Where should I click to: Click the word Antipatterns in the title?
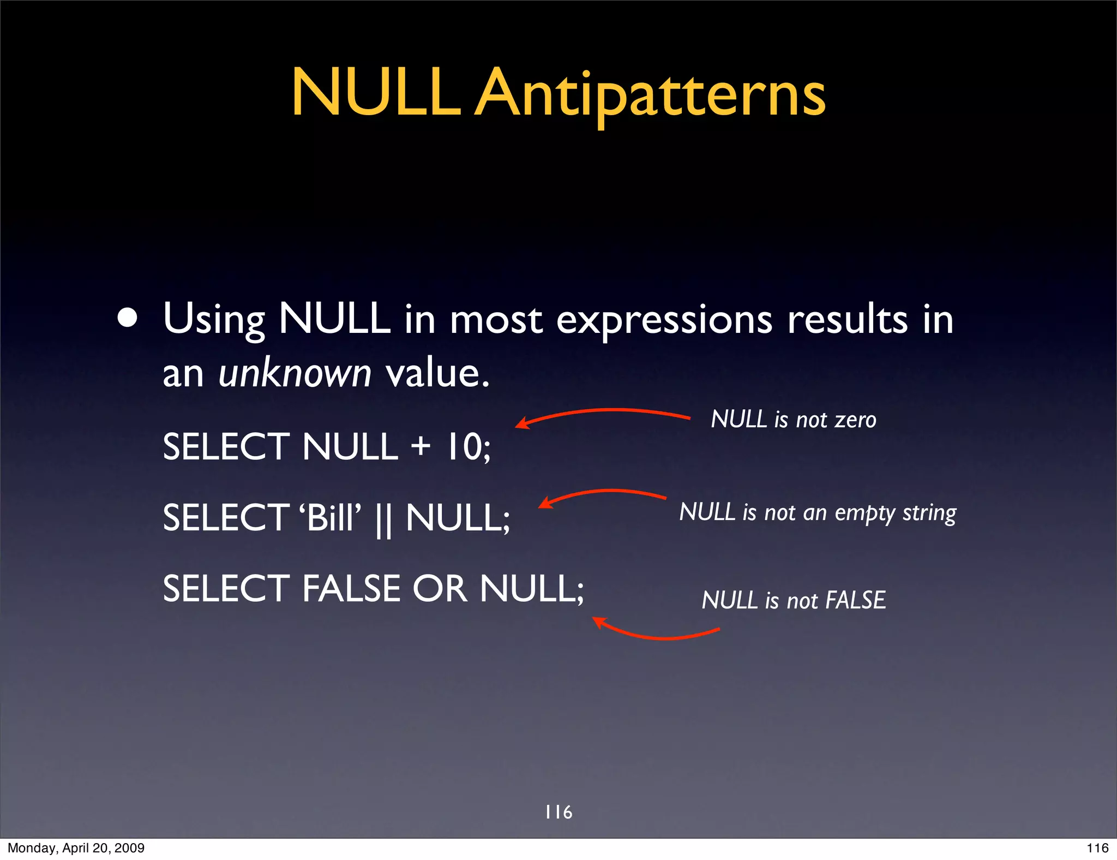[x=650, y=94]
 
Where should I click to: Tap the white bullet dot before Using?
[x=128, y=319]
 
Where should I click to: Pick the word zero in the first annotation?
[x=855, y=420]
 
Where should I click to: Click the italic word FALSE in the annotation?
[x=855, y=600]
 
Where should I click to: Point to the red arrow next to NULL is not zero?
[x=603, y=413]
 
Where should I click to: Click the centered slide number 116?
[x=558, y=812]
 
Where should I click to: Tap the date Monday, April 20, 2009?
[x=76, y=848]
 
